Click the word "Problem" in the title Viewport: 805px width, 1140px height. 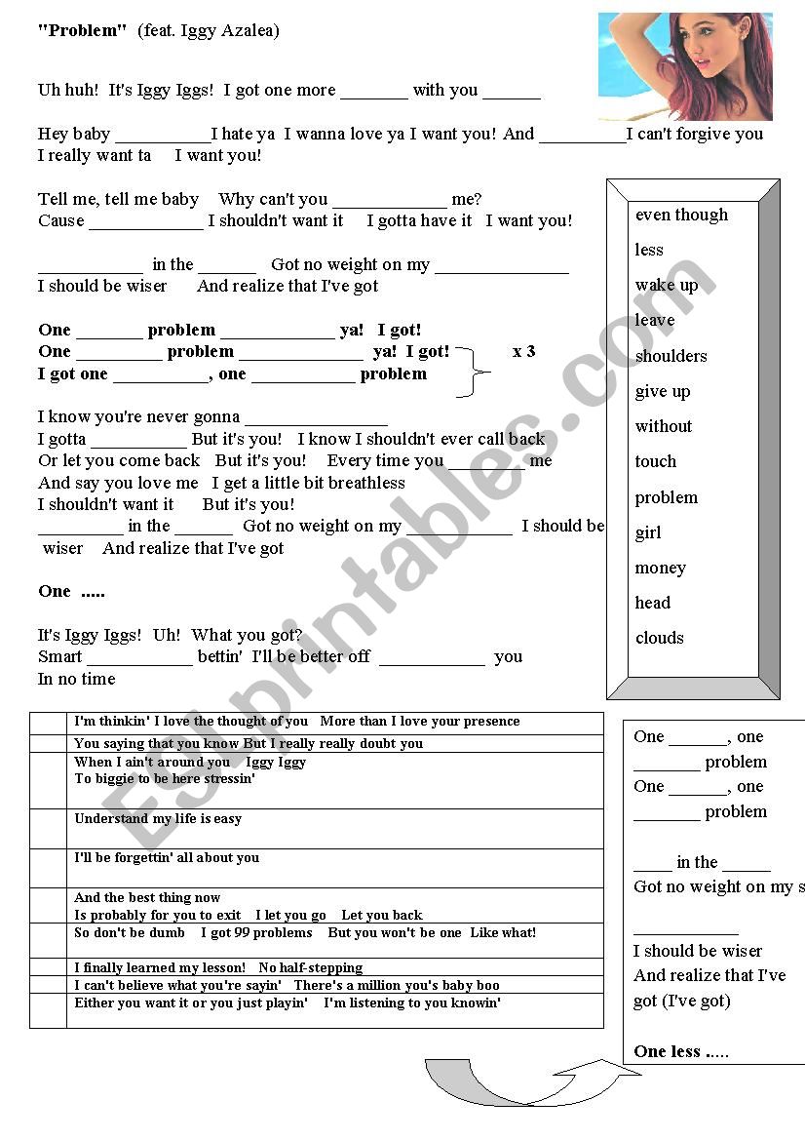pos(83,31)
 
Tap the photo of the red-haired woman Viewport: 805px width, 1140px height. pos(685,66)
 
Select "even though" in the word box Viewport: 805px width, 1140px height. pos(681,215)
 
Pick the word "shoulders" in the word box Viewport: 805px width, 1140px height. pos(671,356)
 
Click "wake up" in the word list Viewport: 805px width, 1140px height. pos(667,286)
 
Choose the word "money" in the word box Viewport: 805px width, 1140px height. pos(660,568)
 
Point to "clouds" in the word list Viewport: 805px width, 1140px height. pos(659,638)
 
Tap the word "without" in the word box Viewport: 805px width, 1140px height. pos(663,426)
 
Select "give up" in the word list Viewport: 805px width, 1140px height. pos(662,391)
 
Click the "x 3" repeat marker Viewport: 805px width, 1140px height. pos(523,351)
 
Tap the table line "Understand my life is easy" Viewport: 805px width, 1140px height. pos(158,819)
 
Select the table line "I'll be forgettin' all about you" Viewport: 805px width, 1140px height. pos(167,858)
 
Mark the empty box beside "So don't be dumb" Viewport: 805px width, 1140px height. pos(48,941)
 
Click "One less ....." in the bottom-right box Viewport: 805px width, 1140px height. pos(681,1051)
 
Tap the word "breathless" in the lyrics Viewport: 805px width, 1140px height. pos(366,483)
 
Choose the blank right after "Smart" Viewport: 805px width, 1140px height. pos(139,658)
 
